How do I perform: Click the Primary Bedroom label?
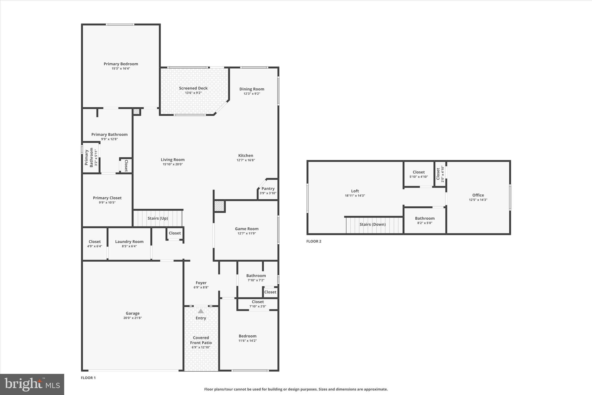121,64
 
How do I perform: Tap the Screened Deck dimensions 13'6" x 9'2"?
193,93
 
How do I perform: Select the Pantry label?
268,189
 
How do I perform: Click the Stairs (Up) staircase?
158,218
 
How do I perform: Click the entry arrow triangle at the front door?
201,311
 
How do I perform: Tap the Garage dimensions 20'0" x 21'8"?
132,318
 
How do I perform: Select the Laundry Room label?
129,242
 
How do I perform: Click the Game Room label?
247,229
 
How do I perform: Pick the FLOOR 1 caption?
88,378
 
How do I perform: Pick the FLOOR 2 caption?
314,241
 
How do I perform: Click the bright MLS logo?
32,384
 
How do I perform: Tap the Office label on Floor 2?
478,195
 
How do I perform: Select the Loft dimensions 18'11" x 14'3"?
355,196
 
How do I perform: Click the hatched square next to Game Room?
219,206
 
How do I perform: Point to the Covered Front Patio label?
201,340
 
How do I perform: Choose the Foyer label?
201,283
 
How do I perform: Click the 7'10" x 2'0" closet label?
258,306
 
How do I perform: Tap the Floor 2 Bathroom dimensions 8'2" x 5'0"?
425,223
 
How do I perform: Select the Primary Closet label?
107,198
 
